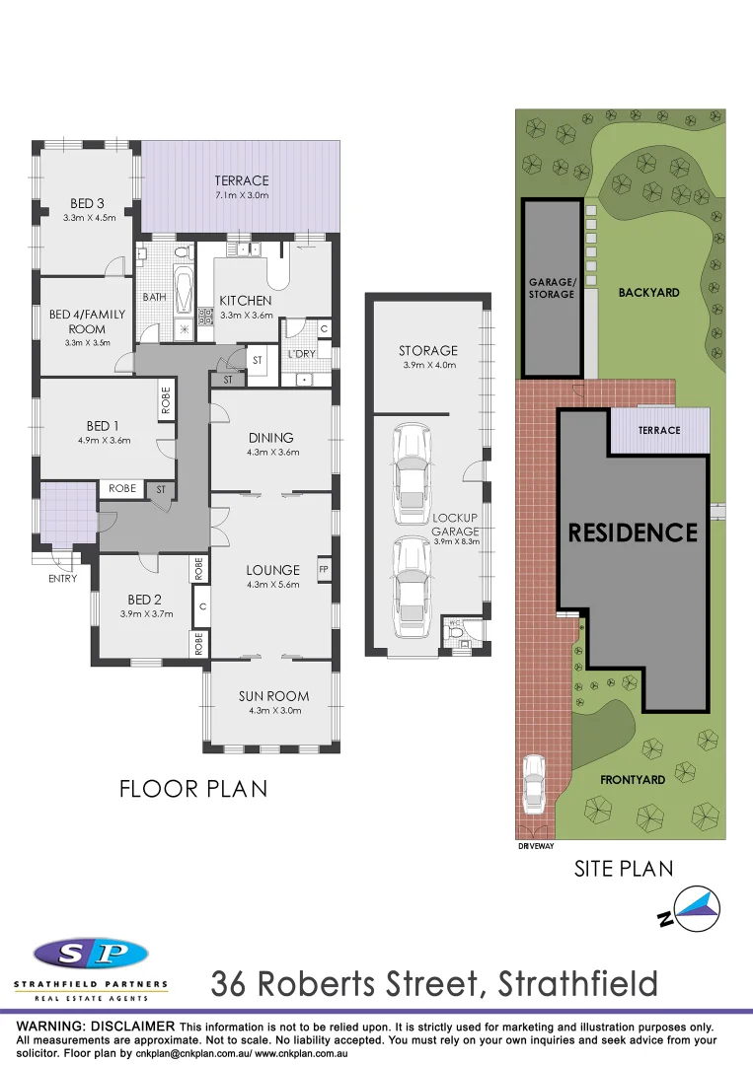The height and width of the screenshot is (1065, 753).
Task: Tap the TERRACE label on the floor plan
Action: point(242,180)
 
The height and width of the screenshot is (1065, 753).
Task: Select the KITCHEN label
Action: point(245,301)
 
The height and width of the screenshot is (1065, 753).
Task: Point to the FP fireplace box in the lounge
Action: point(324,569)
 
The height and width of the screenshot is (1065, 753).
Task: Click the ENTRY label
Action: point(62,579)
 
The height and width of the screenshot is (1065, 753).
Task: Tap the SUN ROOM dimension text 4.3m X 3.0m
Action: point(273,711)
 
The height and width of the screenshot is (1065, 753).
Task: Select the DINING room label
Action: point(272,438)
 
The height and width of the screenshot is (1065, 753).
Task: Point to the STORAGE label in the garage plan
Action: point(428,350)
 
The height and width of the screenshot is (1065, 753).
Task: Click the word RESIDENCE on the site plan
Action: point(633,532)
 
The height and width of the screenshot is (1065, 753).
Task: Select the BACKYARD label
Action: point(648,293)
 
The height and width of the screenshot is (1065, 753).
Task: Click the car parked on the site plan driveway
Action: point(534,781)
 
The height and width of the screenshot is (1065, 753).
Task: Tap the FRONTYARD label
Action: point(633,779)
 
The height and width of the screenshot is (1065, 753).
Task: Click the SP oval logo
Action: point(91,954)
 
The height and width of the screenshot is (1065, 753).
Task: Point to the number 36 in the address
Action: point(234,984)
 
